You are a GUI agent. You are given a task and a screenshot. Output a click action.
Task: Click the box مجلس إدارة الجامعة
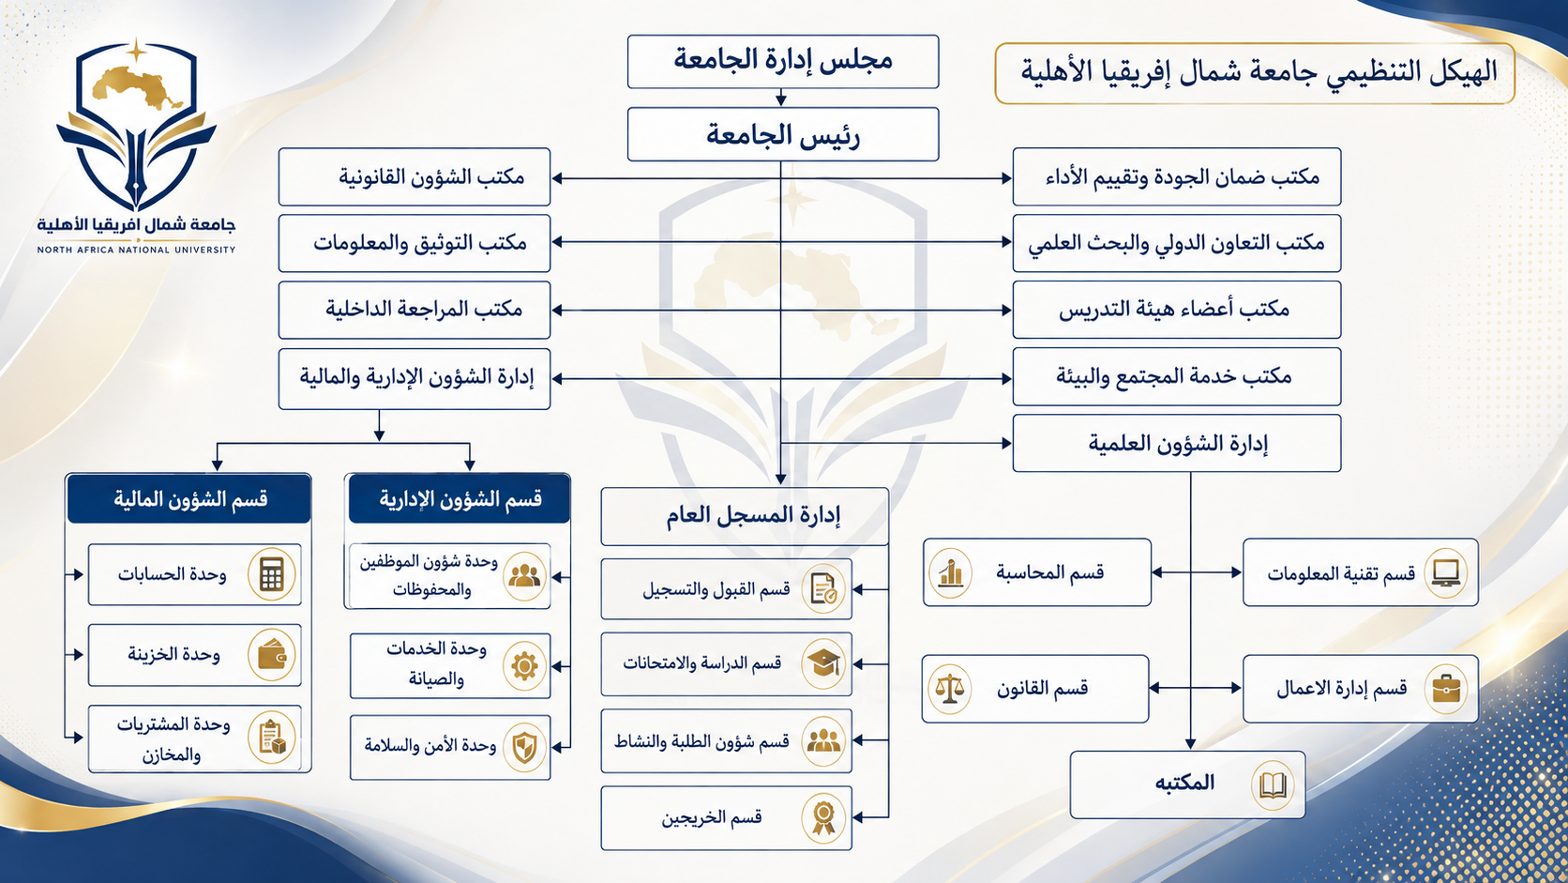point(783,62)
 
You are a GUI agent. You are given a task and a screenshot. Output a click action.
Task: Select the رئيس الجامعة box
point(783,134)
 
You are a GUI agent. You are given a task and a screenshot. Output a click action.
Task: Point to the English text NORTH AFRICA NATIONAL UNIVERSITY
point(137,250)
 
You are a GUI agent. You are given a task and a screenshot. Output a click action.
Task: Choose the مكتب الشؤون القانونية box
point(415,176)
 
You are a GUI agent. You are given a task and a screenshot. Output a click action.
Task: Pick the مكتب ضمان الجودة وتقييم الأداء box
point(1177,176)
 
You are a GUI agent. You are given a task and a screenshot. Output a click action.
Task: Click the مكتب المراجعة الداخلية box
point(415,310)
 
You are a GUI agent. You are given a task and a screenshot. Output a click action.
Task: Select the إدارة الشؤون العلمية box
point(1177,443)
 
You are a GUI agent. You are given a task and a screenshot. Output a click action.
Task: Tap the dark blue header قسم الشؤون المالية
point(189,498)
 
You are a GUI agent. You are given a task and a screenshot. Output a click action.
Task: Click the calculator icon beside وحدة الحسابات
point(272,575)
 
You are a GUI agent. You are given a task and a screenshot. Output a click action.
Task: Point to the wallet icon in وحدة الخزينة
point(272,655)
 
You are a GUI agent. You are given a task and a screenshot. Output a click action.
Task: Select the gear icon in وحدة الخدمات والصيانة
point(524,666)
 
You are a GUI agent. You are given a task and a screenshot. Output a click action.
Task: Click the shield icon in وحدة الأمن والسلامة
point(524,747)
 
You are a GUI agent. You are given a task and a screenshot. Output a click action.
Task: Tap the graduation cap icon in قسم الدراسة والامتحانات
point(823,663)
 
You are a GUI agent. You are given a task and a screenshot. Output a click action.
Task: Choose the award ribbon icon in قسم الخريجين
point(823,818)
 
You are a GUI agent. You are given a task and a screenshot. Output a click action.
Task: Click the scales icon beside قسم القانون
point(950,689)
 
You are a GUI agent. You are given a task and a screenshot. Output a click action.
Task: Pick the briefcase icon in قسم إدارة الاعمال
point(1446,689)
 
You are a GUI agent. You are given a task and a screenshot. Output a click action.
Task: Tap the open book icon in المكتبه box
point(1273,785)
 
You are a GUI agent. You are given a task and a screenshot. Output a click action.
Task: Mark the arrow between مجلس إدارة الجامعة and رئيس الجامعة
point(781,98)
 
